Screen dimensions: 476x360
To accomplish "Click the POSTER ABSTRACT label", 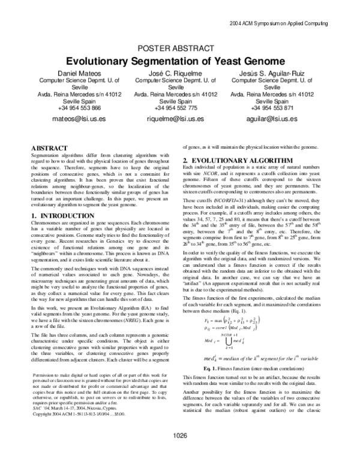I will point(179,48).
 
